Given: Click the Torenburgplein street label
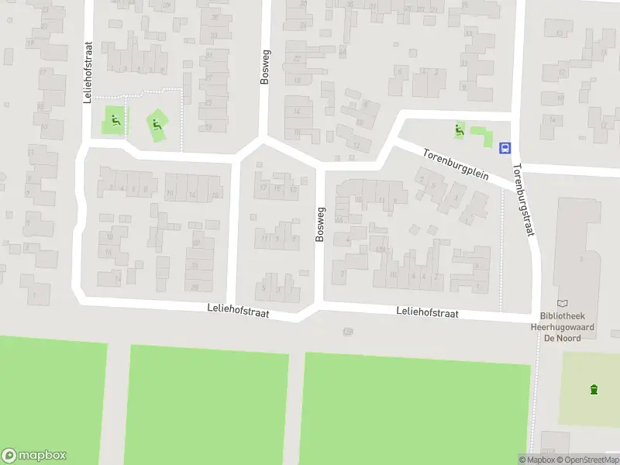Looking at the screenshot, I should (x=456, y=164).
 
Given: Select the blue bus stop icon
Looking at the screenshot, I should (x=505, y=147).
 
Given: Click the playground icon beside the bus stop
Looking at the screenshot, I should (x=460, y=130).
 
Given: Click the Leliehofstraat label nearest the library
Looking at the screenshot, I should (x=427, y=313).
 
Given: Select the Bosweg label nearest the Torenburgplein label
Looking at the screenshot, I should (x=319, y=224).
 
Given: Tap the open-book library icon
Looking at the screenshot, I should (x=563, y=305).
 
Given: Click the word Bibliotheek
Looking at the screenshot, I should (x=563, y=317).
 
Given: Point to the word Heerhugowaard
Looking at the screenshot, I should (x=563, y=328).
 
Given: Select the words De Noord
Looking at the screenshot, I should (x=563, y=338).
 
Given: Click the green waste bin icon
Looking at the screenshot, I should (x=594, y=389).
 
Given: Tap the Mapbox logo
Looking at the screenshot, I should (x=34, y=456).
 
